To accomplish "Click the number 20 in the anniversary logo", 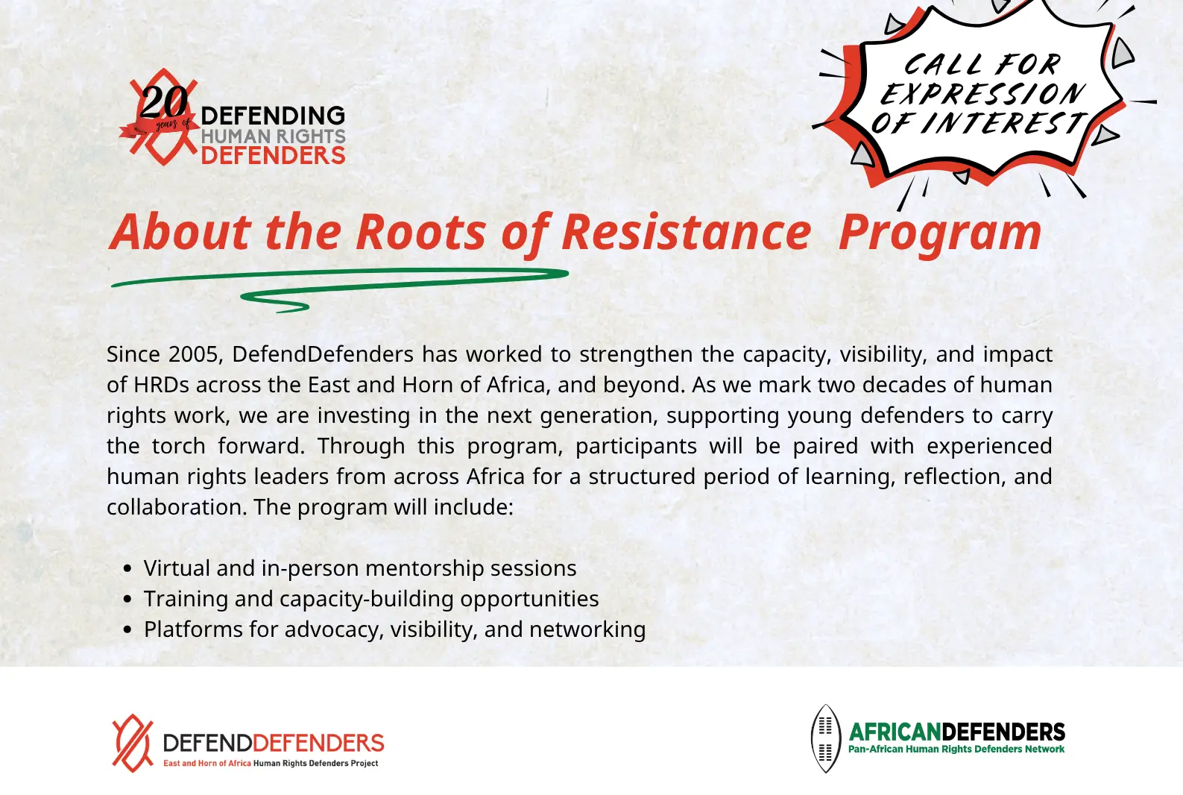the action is tap(164, 102).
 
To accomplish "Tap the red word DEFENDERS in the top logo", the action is tap(273, 156).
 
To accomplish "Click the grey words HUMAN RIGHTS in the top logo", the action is tap(273, 136).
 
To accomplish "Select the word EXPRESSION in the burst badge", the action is tap(982, 94).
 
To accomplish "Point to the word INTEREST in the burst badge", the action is tap(1004, 123).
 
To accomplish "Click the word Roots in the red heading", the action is tap(420, 232).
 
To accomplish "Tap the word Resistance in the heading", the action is tap(686, 232).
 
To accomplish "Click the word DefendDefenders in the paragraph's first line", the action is tap(322, 353).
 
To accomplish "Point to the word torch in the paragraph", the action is tap(178, 446).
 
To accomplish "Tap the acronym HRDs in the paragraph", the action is tap(161, 385).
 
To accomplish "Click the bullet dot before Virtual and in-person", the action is tap(127, 569).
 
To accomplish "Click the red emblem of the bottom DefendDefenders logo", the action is tap(132, 743).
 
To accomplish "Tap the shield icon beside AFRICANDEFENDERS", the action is tap(825, 738).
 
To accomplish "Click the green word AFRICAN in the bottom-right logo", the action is tap(895, 732).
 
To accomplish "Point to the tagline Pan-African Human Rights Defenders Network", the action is tap(956, 749).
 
